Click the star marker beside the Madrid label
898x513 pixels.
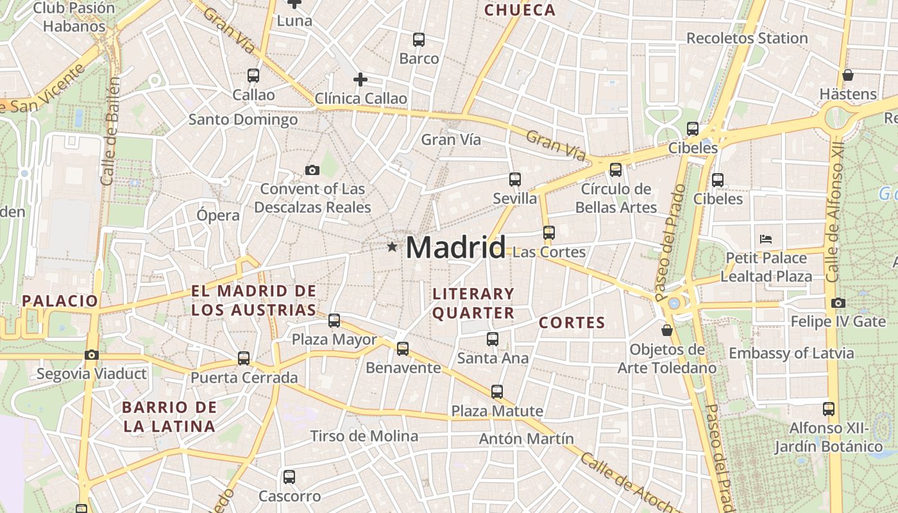[x=392, y=247]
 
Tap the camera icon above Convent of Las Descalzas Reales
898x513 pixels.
[x=312, y=170]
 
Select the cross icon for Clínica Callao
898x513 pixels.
[x=360, y=80]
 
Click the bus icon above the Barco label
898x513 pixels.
[x=419, y=40]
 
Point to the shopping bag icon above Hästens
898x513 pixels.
[x=848, y=75]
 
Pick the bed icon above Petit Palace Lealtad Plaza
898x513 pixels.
[x=765, y=239]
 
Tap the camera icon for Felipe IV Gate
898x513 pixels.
[x=838, y=303]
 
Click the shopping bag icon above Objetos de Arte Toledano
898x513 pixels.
[x=667, y=330]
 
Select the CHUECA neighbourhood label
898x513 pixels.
[x=520, y=10]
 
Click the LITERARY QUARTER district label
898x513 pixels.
[x=473, y=303]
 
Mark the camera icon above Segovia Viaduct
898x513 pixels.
[x=92, y=355]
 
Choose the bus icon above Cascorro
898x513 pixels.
[x=289, y=476]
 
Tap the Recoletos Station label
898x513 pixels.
[x=747, y=38]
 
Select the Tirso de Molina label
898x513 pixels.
[x=364, y=437]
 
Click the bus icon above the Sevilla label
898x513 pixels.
[x=514, y=180]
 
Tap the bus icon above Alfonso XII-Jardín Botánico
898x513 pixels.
[x=829, y=408]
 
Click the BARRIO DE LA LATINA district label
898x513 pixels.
[x=169, y=417]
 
